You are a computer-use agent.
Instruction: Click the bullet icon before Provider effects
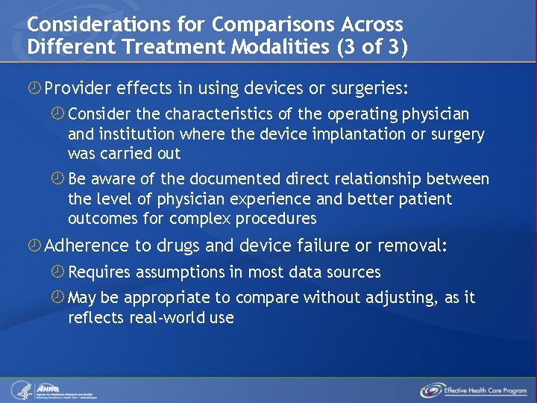(34, 90)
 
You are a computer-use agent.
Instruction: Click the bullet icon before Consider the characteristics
(57, 115)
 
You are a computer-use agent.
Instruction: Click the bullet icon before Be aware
(57, 179)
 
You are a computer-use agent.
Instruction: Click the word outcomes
(98, 219)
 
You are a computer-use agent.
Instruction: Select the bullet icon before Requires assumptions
(57, 272)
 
